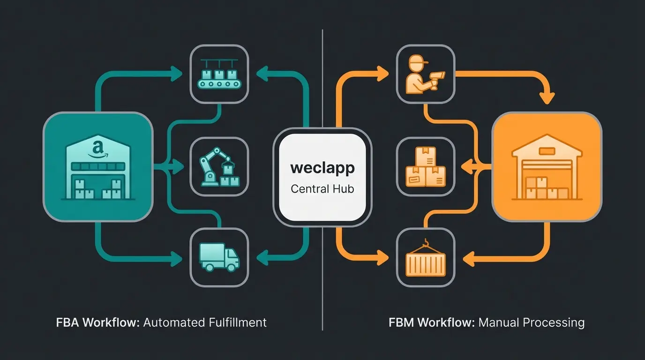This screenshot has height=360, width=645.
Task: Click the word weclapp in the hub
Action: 322,168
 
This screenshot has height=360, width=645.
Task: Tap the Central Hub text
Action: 322,189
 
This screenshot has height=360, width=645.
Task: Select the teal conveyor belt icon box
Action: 219,74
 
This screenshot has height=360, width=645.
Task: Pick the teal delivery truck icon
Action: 219,257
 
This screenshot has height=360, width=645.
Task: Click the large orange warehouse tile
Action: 547,166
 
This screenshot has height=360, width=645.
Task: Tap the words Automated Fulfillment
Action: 205,322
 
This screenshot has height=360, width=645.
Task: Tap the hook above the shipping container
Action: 426,242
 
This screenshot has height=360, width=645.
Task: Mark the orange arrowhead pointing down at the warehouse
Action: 547,98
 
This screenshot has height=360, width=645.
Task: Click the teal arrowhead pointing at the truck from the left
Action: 178,257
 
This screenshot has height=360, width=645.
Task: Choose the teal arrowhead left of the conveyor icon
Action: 178,73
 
